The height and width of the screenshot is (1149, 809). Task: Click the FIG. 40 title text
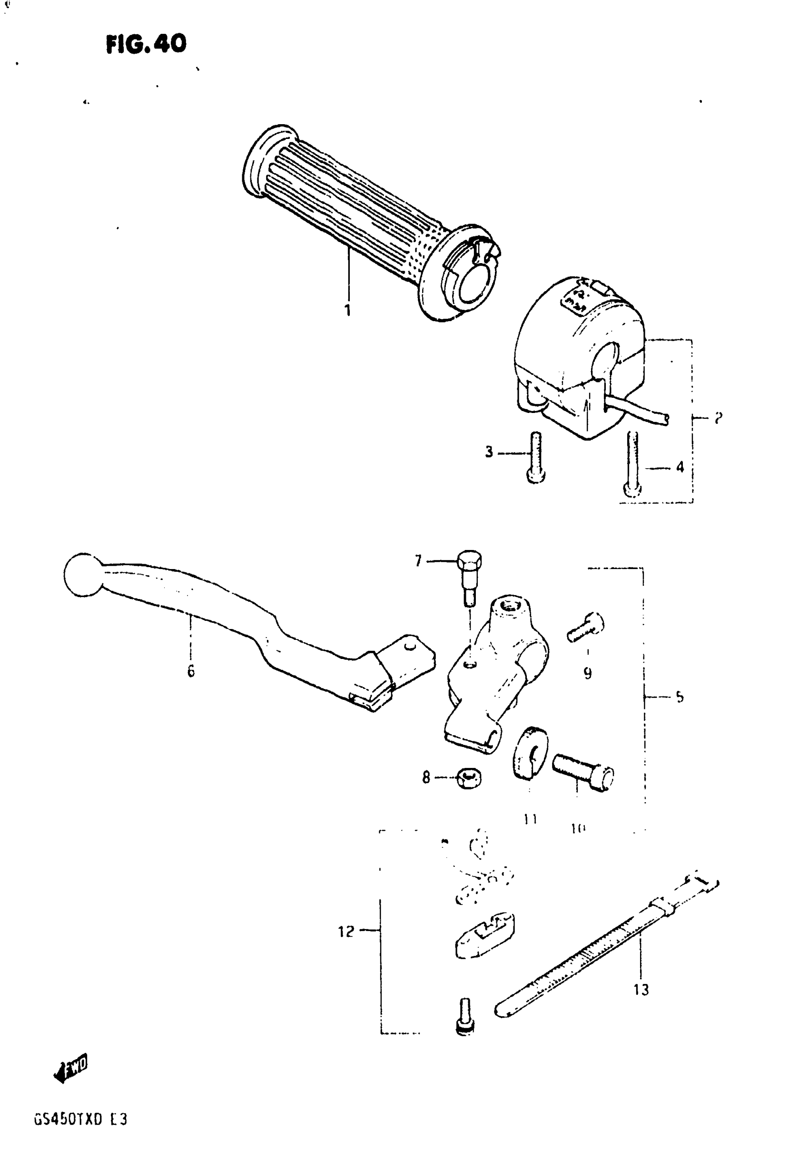(146, 44)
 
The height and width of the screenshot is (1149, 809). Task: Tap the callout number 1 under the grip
(347, 310)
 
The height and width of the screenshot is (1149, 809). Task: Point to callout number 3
(489, 452)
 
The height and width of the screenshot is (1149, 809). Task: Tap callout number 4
(680, 467)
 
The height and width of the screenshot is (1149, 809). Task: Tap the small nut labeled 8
(469, 779)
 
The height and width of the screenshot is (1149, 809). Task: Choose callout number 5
(680, 697)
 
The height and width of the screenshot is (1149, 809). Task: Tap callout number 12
(346, 931)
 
